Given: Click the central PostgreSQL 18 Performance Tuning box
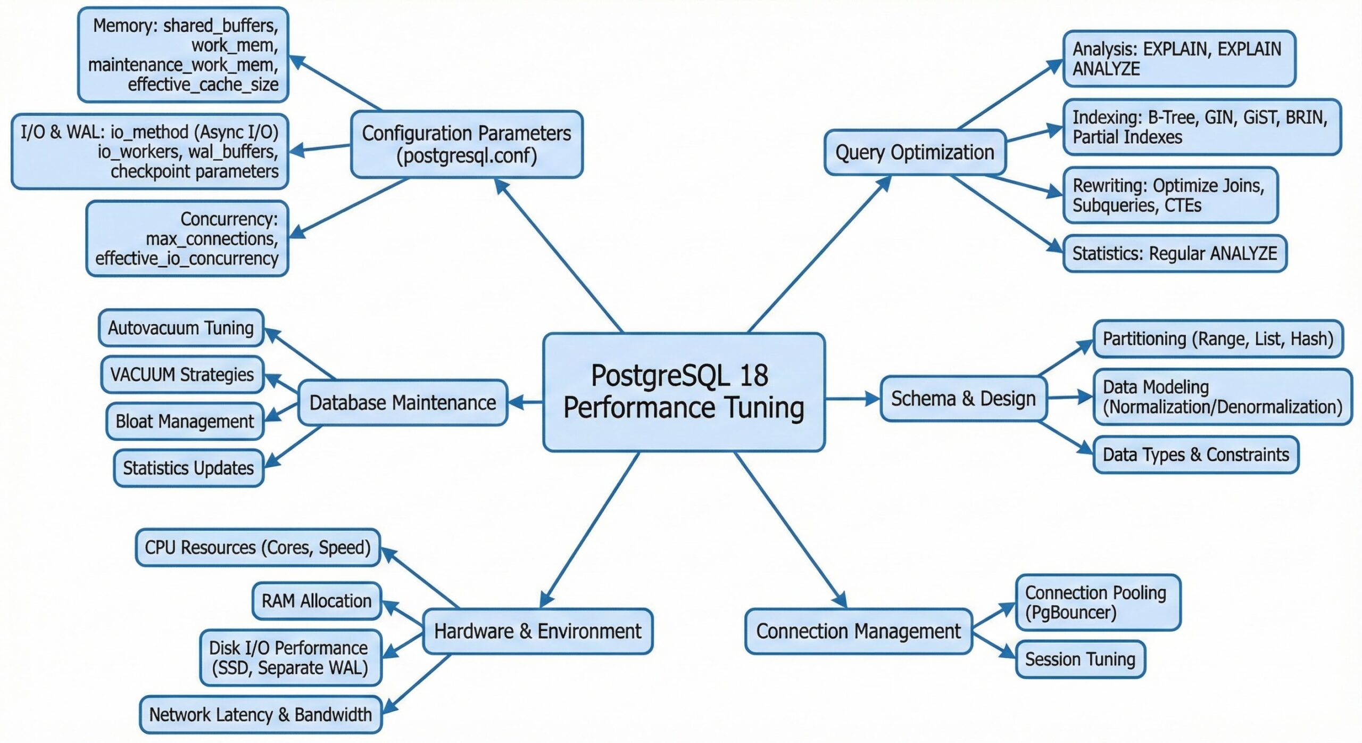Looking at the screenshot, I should (684, 392).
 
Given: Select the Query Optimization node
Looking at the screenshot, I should (915, 153).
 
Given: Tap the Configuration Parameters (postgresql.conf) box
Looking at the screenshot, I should (467, 144).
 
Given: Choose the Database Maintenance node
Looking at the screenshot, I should (402, 403).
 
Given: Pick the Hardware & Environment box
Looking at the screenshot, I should (537, 631).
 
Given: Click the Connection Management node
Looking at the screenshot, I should (858, 631).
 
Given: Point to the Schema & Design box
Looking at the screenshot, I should (963, 399).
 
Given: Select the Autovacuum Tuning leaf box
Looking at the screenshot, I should (181, 328).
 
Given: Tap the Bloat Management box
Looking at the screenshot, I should (185, 422).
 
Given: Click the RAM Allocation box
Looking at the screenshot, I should (317, 601).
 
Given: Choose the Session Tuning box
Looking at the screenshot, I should (1080, 659).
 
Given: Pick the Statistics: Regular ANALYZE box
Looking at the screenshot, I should (1174, 253).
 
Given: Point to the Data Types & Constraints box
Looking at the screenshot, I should (1195, 455).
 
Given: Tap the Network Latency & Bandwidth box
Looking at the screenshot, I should (260, 714).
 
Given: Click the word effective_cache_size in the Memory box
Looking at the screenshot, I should (203, 85).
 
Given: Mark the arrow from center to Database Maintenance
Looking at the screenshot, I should (525, 402).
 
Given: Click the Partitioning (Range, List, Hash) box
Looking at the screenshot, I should (1218, 339).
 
